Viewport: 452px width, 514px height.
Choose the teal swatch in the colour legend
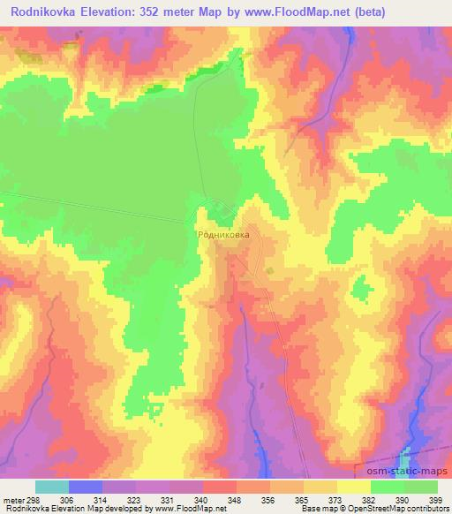coord(52,487)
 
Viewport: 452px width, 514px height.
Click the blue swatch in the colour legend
coord(86,487)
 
